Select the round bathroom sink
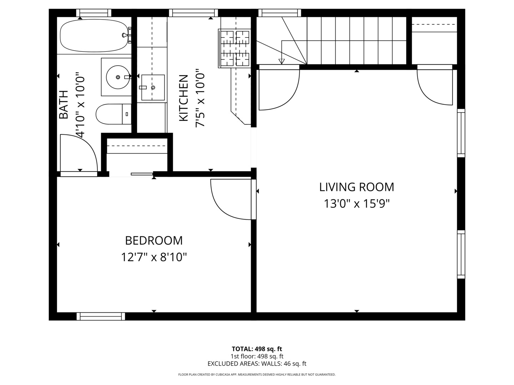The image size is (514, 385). (118, 77)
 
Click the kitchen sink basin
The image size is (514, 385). (153, 87)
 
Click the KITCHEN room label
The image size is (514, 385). (183, 98)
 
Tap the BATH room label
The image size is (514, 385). (63, 104)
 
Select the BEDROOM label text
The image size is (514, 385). (154, 241)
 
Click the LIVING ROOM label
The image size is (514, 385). (356, 187)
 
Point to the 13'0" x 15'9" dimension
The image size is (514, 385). (356, 204)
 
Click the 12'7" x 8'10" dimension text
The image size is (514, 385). (154, 257)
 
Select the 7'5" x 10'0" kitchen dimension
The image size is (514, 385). (200, 98)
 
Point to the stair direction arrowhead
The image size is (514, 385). (282, 61)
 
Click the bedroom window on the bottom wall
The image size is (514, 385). (101, 316)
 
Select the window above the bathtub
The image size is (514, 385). (94, 13)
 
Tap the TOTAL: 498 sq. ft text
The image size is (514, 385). (257, 349)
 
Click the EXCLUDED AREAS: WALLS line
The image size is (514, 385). (257, 364)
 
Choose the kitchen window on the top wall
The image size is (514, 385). (193, 13)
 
